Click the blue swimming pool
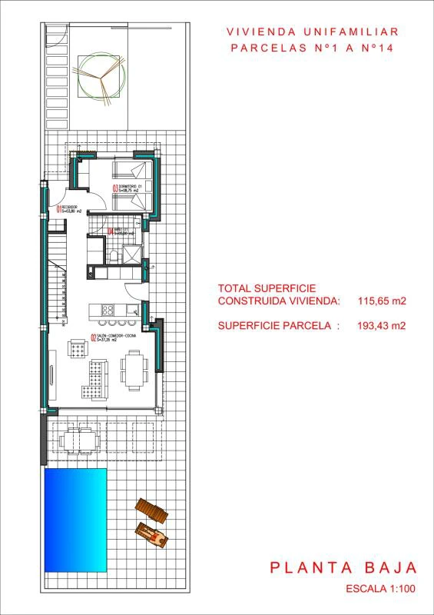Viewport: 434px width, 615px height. (x=75, y=520)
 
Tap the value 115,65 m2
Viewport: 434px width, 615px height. (x=382, y=301)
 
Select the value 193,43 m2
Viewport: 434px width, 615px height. (x=382, y=325)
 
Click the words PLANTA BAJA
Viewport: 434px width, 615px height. (x=343, y=568)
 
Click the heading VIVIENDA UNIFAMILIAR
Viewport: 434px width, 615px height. (x=313, y=32)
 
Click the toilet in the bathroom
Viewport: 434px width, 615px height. (x=112, y=254)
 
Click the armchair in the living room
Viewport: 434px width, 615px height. (x=78, y=348)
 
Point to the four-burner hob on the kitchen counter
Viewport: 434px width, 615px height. (x=108, y=311)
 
